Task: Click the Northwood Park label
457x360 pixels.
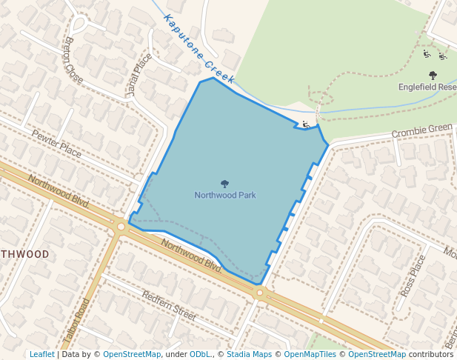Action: pyautogui.click(x=225, y=196)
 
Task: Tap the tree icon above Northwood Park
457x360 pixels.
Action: pyautogui.click(x=225, y=184)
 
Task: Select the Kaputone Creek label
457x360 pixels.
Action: pyautogui.click(x=199, y=49)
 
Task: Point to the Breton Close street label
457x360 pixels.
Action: pyautogui.click(x=74, y=59)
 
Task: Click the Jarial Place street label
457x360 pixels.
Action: pyautogui.click(x=138, y=74)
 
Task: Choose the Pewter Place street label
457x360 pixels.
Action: pyautogui.click(x=57, y=142)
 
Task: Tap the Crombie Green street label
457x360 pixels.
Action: pyautogui.click(x=421, y=131)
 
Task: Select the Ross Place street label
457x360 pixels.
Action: pyautogui.click(x=413, y=276)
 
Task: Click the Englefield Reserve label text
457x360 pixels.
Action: pyautogui.click(x=427, y=87)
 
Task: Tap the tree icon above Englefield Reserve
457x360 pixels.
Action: pyautogui.click(x=433, y=75)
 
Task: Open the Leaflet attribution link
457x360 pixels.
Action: pyautogui.click(x=42, y=354)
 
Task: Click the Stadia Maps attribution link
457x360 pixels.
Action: pyautogui.click(x=249, y=354)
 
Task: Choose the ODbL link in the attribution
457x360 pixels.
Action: pyautogui.click(x=200, y=354)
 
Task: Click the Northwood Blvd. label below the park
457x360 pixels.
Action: pyautogui.click(x=192, y=256)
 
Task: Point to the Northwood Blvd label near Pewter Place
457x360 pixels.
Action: pyautogui.click(x=59, y=190)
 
